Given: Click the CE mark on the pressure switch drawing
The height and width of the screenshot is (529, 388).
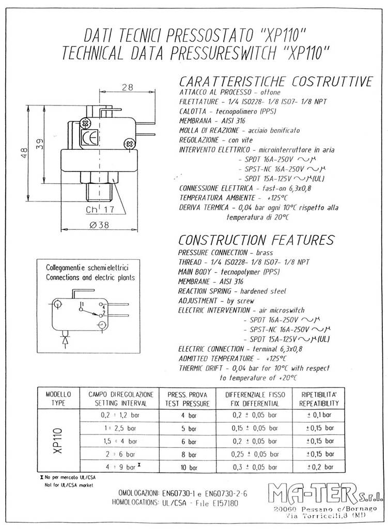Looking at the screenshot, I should coord(90,138).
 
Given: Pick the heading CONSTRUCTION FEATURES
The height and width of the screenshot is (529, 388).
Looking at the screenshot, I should coord(256,240).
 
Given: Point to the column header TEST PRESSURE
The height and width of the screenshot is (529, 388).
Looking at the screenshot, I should coord(188,403).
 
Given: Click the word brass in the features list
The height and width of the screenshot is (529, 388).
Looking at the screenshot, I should coord(257,253).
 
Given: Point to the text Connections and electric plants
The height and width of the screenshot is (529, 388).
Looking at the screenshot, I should coord(90,277).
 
